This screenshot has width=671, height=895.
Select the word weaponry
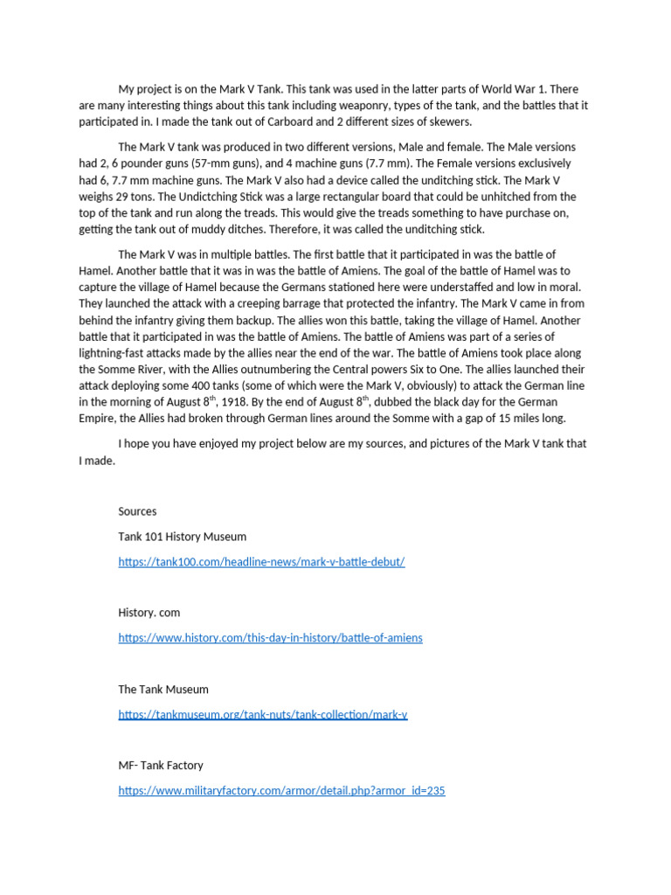408,106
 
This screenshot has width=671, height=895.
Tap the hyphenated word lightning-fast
116,353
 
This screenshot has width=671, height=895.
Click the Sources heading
137,511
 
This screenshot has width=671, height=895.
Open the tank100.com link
261,562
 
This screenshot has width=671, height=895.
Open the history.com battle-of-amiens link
270,638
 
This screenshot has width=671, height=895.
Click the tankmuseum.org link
262,714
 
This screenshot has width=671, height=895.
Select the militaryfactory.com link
281,791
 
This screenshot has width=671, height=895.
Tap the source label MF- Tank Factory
160,766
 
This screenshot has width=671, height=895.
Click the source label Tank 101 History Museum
182,537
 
